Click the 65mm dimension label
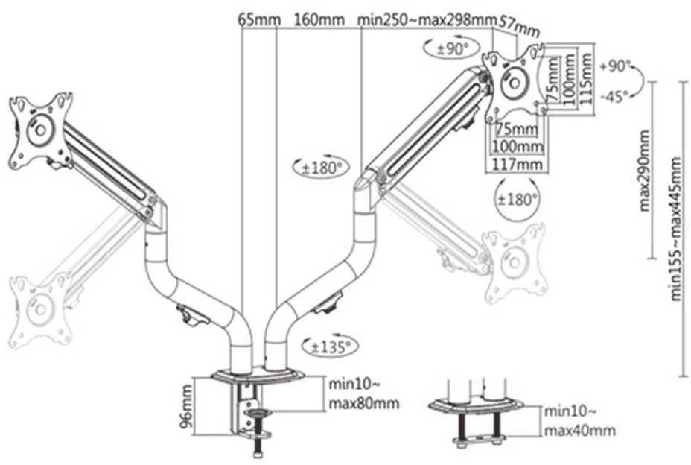point(259,20)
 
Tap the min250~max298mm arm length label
point(427,20)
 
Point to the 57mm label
point(520,27)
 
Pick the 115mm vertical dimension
point(586,78)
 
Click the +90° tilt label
point(615,66)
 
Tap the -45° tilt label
point(615,96)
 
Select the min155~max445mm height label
point(676,230)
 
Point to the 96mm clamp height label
point(187,406)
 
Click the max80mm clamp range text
point(364,403)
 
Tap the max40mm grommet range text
point(580,430)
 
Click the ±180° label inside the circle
point(518,200)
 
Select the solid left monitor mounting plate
point(40,130)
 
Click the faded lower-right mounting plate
point(515,263)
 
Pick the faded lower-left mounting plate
point(40,310)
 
